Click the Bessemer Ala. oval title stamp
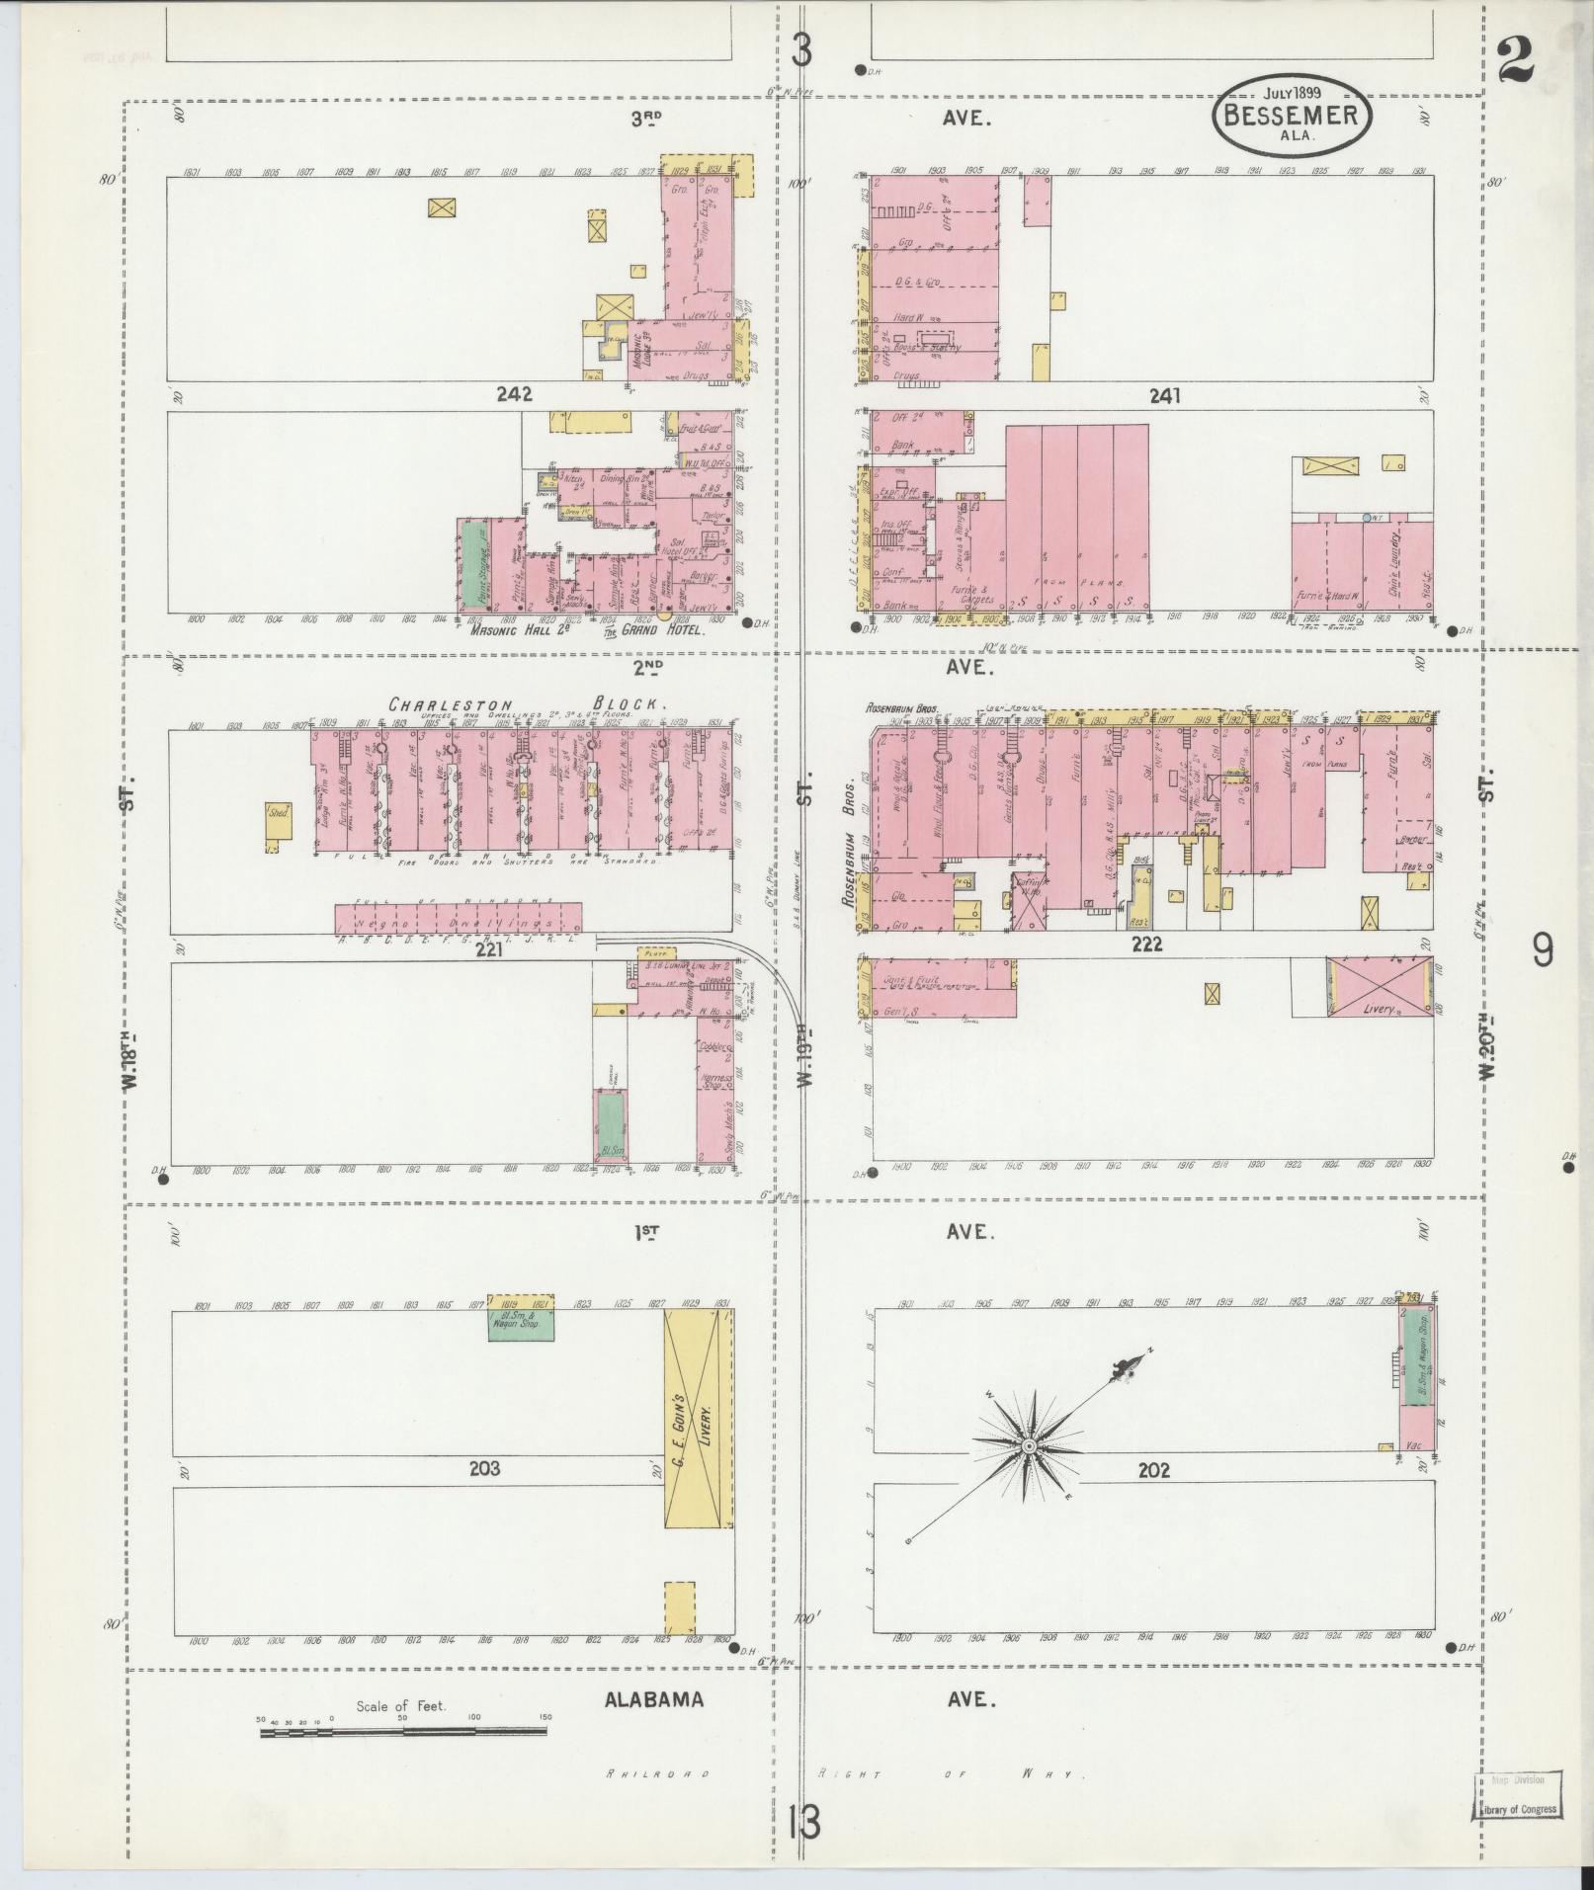pyautogui.click(x=1292, y=116)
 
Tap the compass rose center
pyautogui.click(x=1029, y=1446)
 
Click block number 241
pyautogui.click(x=1165, y=396)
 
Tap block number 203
pyautogui.click(x=484, y=1468)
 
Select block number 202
pyautogui.click(x=1152, y=1470)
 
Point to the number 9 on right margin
pyautogui.click(x=1542, y=950)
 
